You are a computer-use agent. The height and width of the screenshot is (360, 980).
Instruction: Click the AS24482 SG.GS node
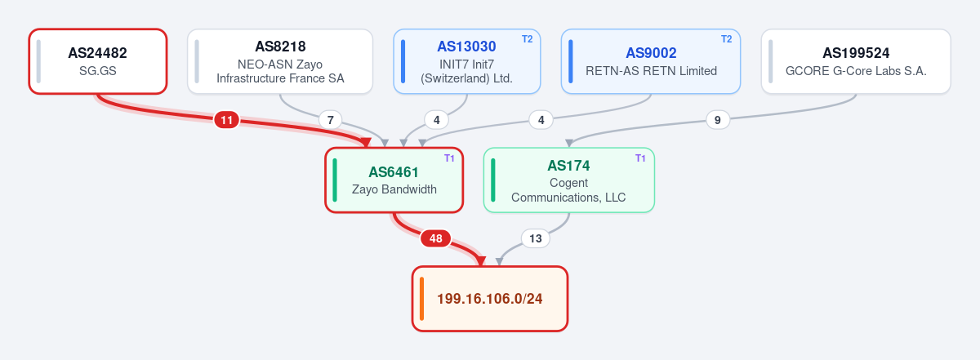coord(98,61)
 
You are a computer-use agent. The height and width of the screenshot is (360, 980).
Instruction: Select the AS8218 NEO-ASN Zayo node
coord(280,61)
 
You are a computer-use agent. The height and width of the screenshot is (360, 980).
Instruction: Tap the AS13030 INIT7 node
coord(467,61)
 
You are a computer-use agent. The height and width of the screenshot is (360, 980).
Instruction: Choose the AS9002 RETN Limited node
coord(651,61)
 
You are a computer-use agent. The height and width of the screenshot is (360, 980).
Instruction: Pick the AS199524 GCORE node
coord(856,61)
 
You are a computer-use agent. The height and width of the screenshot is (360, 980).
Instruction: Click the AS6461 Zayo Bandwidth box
coord(394,180)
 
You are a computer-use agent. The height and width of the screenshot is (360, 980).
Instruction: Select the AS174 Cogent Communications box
coord(568,180)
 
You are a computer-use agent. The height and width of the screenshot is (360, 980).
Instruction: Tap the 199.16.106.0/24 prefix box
coord(490,299)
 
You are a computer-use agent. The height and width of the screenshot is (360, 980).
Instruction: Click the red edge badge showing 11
coord(227,120)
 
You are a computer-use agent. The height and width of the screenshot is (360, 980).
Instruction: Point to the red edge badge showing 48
coord(436,238)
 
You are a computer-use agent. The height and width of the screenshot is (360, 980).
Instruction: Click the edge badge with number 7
coord(330,120)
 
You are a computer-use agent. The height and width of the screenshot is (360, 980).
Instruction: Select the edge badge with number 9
coord(718,120)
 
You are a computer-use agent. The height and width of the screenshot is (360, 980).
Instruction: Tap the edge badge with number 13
coord(536,238)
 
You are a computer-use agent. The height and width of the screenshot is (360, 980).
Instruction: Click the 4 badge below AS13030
coord(437,120)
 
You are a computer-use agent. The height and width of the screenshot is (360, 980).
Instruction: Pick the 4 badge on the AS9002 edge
coord(541,120)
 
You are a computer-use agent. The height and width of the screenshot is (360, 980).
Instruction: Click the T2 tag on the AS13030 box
coord(528,39)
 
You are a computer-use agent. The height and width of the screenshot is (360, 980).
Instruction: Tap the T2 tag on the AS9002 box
coord(726,39)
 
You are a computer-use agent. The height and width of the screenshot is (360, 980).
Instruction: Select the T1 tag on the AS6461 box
coord(449,158)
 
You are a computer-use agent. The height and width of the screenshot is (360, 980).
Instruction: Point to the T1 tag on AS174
coord(640,158)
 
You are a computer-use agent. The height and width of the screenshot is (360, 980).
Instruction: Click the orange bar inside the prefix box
coord(421,299)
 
